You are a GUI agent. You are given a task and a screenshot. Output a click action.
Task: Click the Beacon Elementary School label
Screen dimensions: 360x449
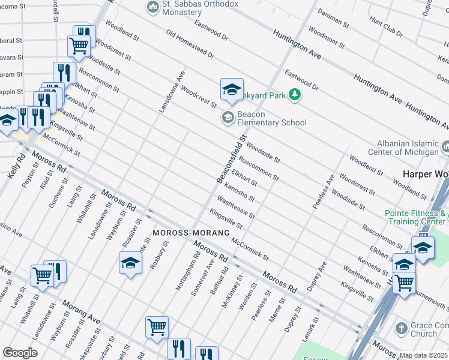point(272,118)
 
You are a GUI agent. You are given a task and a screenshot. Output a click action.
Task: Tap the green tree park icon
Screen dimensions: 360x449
point(295,94)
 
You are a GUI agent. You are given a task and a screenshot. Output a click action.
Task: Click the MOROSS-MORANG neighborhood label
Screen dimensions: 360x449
point(182,232)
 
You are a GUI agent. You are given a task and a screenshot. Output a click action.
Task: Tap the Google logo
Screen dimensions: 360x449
point(20,353)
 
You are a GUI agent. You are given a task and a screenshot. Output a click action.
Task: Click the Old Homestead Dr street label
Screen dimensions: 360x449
point(190,45)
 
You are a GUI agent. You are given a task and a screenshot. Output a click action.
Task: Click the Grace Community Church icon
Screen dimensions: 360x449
point(402,329)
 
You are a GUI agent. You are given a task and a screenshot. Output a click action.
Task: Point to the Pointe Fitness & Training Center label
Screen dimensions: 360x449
point(416,217)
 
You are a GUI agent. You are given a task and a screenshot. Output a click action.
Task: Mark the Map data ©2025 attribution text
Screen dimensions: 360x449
point(424,355)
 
